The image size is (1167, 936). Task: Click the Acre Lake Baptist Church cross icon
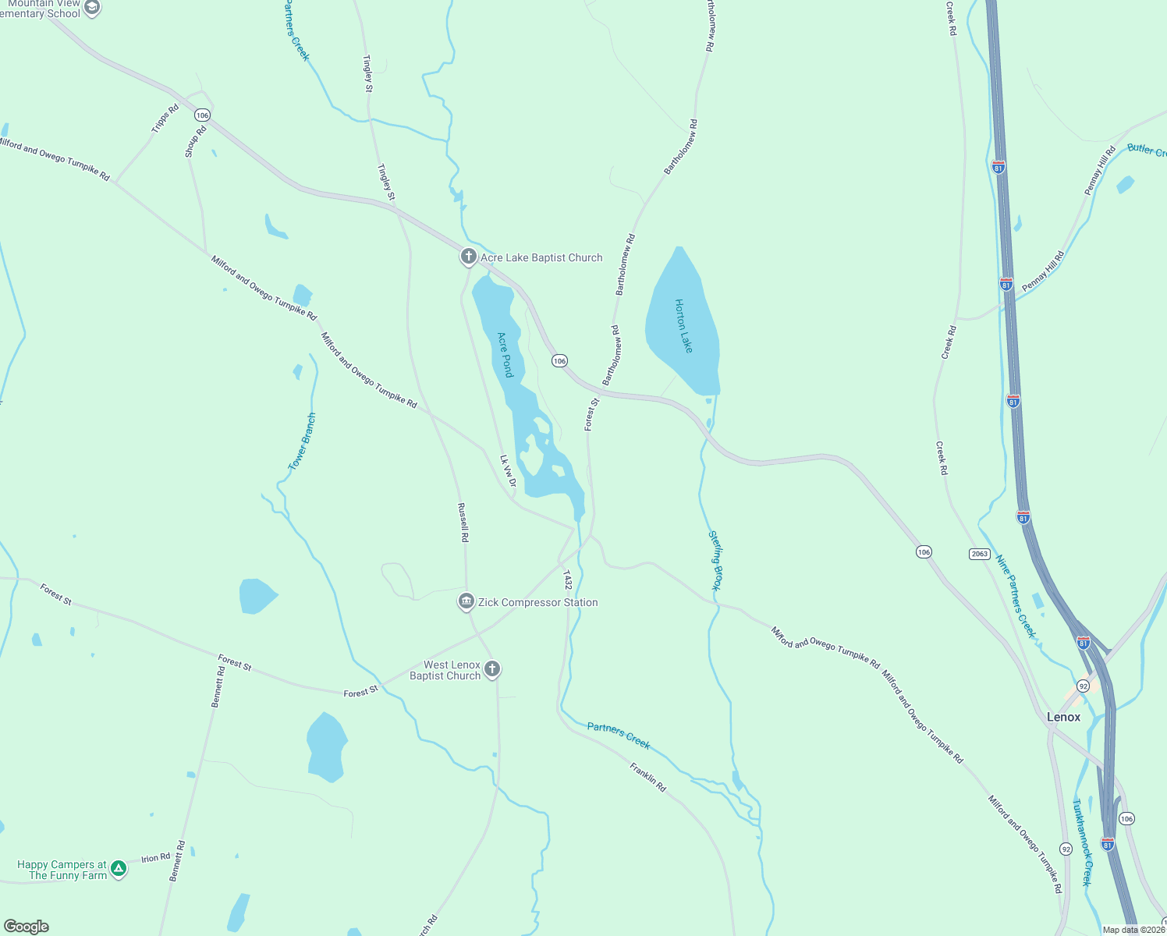click(x=468, y=257)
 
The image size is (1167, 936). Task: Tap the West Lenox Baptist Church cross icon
click(x=491, y=668)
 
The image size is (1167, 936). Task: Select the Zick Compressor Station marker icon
click(x=466, y=601)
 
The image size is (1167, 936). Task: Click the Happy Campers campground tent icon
click(x=118, y=868)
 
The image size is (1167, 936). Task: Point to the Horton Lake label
click(x=683, y=326)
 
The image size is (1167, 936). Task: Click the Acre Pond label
click(x=505, y=355)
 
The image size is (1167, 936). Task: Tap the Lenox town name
click(x=1063, y=717)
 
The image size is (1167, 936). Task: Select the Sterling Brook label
click(x=715, y=560)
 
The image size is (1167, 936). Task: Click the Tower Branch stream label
click(x=302, y=441)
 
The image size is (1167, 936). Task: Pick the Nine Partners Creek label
click(x=1015, y=597)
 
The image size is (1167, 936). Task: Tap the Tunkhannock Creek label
click(x=1081, y=842)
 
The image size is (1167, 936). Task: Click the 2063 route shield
click(x=980, y=554)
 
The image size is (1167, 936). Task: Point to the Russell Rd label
click(x=463, y=523)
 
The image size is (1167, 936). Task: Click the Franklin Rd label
click(x=648, y=778)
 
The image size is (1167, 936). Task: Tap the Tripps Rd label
click(x=165, y=119)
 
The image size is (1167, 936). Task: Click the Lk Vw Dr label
click(x=508, y=472)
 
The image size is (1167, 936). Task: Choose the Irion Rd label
click(x=155, y=858)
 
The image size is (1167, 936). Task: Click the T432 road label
click(x=567, y=580)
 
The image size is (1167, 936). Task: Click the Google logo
click(x=27, y=927)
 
